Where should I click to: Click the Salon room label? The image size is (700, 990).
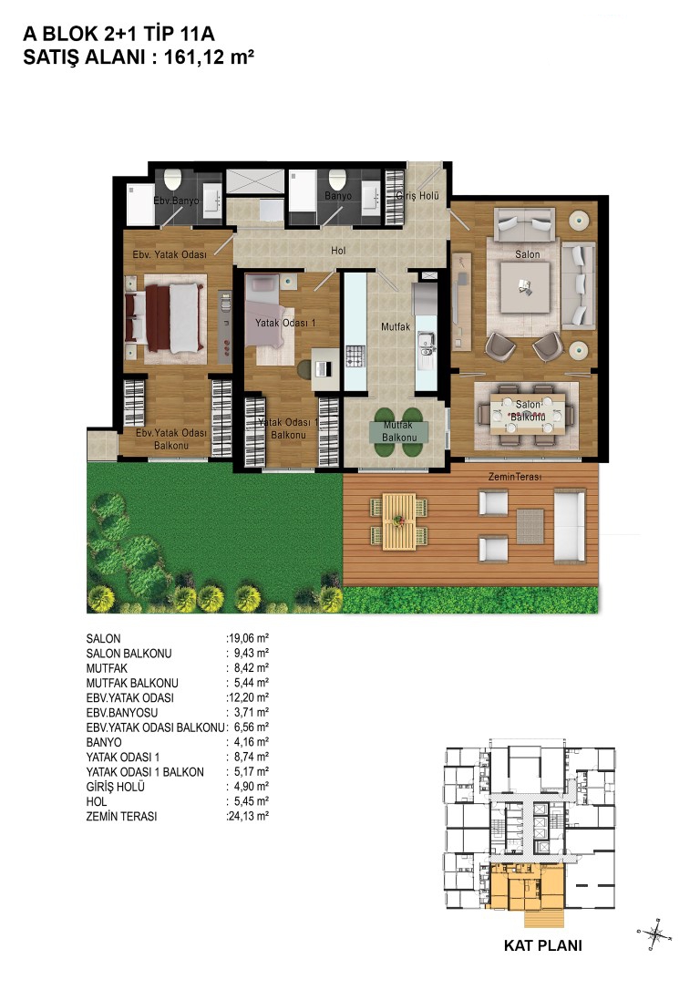point(527,254)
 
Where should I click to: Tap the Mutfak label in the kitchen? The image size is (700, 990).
point(396,327)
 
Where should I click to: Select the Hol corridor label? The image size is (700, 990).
point(338,251)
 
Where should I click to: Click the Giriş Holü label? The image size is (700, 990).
point(417,196)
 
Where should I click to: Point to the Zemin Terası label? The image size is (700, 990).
point(514,477)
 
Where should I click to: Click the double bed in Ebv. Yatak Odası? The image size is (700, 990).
point(169,317)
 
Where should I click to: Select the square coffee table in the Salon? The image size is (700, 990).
point(524,288)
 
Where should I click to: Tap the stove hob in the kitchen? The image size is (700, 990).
point(355,356)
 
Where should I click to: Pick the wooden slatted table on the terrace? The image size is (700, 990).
point(399,521)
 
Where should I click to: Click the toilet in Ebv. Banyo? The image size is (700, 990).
point(172,179)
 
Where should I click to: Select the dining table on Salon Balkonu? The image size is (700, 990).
point(528,414)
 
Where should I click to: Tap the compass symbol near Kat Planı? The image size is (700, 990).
point(654,933)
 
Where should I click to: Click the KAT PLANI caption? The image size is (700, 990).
point(543,945)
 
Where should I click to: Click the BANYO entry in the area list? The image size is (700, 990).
point(104,742)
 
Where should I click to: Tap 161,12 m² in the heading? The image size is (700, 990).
point(209,57)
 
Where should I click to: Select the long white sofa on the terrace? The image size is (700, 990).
point(570,526)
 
